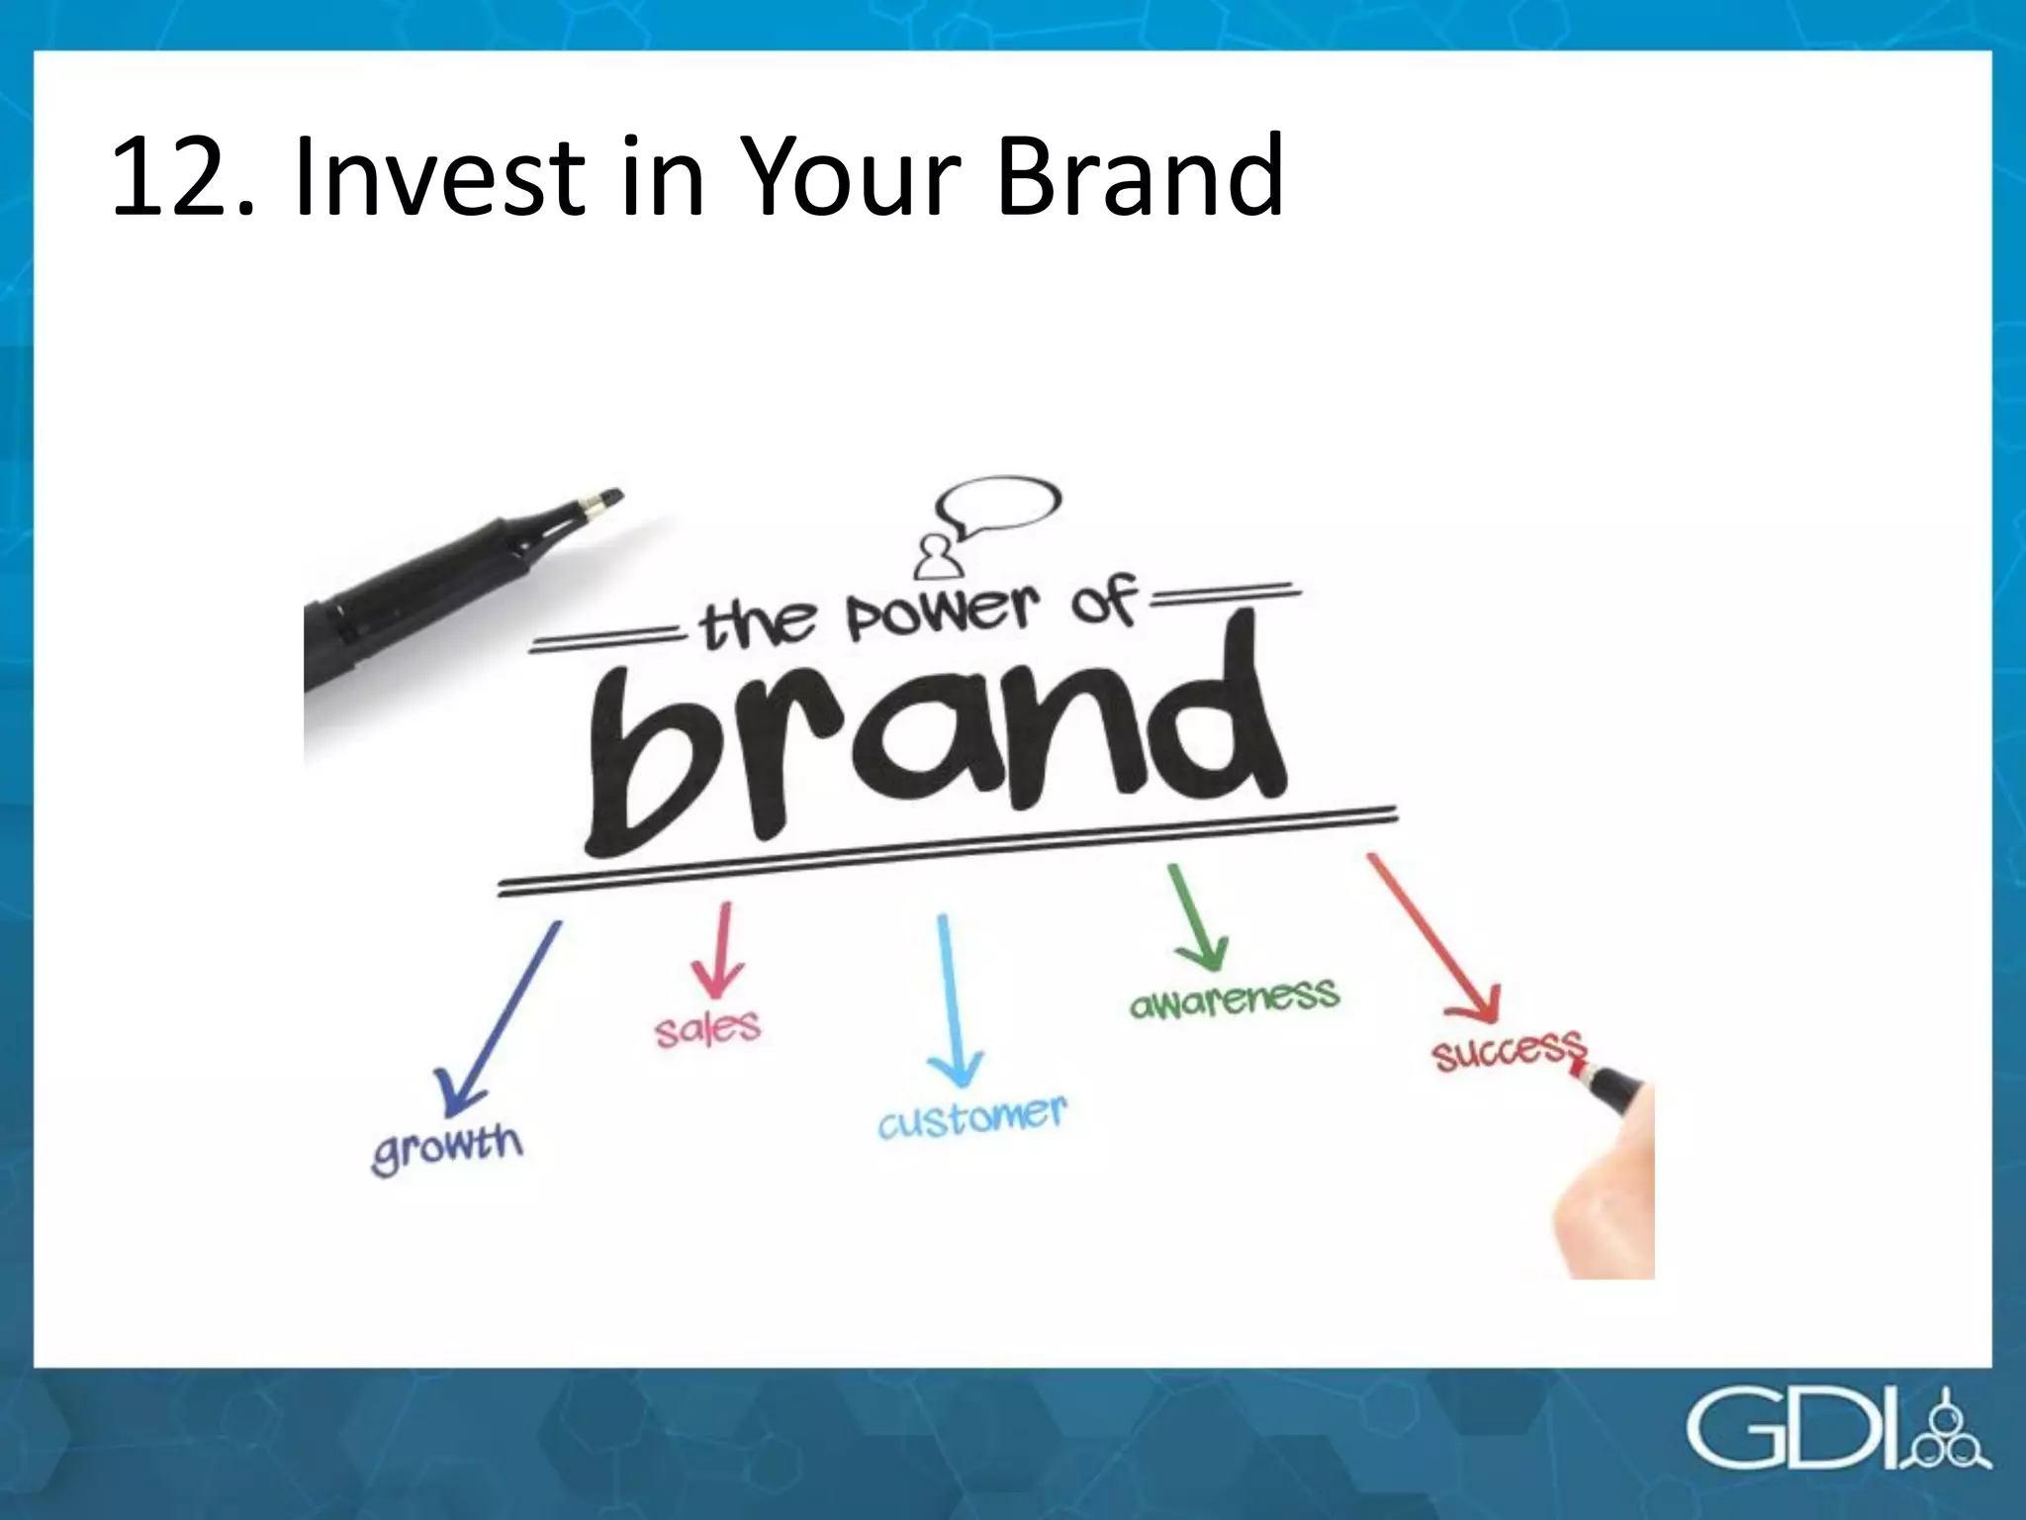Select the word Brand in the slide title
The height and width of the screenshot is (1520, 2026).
[x=1140, y=178]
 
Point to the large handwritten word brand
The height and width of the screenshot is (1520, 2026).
[x=930, y=752]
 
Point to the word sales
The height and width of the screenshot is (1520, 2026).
[x=707, y=1029]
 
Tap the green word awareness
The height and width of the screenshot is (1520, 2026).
[x=1234, y=997]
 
